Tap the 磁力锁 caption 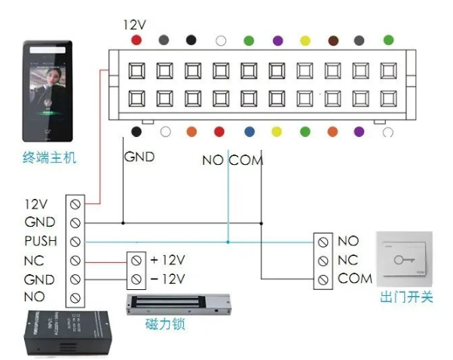[165, 325]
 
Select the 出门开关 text [406, 297]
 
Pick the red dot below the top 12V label [136, 40]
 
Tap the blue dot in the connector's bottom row [248, 132]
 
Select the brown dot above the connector [332, 40]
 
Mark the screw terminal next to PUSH [75, 242]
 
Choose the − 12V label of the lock [167, 279]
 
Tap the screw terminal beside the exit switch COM [323, 279]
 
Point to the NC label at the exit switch [348, 261]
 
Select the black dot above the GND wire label [136, 132]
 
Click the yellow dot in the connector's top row [305, 40]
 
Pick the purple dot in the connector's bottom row [360, 132]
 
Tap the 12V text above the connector [134, 24]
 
